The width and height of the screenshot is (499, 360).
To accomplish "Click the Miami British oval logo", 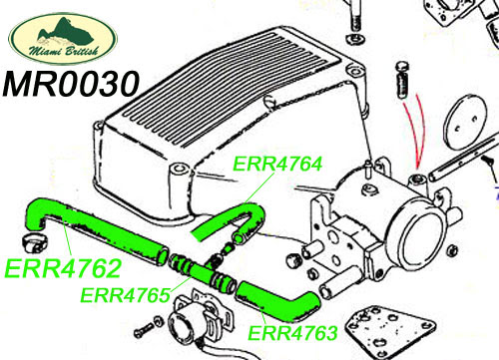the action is tap(63, 39).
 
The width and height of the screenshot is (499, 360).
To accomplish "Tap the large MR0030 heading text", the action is tap(70, 84).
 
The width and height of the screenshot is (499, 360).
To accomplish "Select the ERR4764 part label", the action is tap(277, 164).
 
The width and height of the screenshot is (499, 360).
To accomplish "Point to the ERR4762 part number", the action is tap(63, 268).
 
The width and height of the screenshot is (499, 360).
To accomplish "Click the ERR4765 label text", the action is tap(126, 295).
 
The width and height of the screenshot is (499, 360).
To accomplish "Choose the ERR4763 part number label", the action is tap(292, 333).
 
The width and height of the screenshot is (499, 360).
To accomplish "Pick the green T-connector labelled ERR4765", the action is tap(202, 272).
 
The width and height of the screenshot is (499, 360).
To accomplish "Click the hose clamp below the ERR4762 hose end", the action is tap(35, 242).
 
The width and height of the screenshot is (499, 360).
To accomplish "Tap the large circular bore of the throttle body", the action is tap(422, 240).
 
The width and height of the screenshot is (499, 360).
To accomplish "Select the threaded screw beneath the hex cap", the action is tap(403, 86).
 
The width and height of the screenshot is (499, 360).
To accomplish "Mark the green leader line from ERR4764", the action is tap(259, 188).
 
